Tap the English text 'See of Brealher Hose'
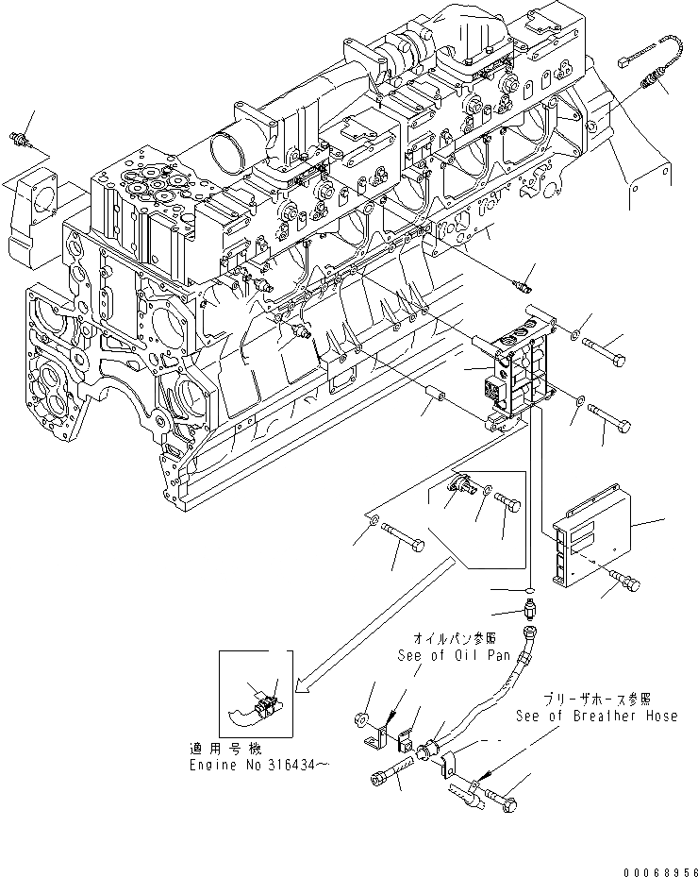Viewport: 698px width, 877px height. pyautogui.click(x=596, y=716)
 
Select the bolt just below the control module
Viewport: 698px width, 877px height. pyautogui.click(x=622, y=572)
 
